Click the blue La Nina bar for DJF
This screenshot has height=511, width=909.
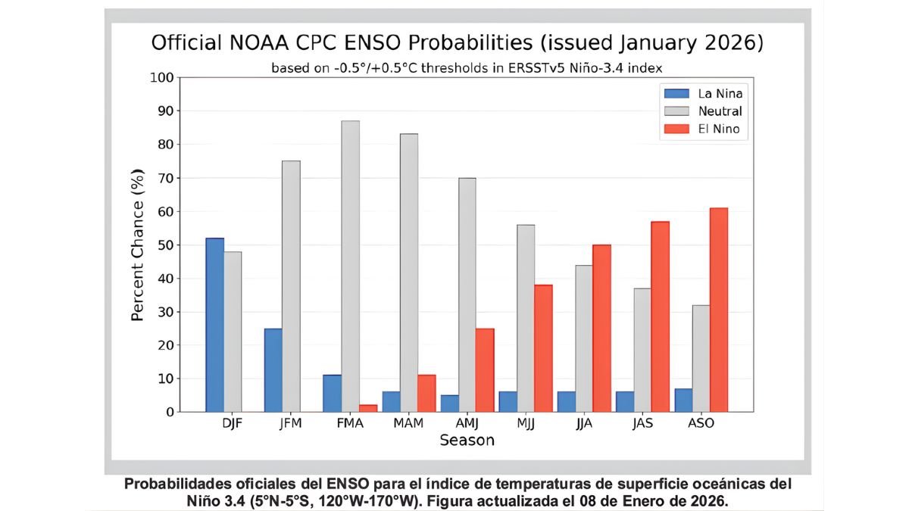point(215,325)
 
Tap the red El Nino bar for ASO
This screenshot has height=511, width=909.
point(718,310)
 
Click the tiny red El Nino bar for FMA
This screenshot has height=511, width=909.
point(367,409)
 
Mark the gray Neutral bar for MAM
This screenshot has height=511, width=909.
point(409,273)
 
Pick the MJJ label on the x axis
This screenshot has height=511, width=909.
point(526,423)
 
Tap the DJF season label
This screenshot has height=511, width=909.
point(233,423)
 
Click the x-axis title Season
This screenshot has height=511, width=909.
point(467,440)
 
